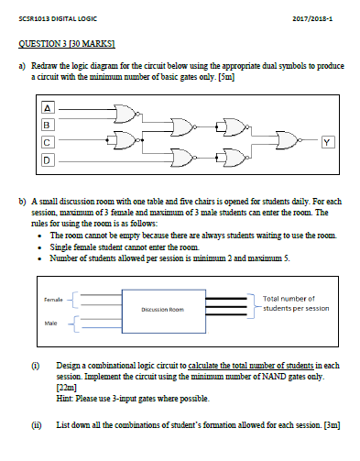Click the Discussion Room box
[x=165, y=309]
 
